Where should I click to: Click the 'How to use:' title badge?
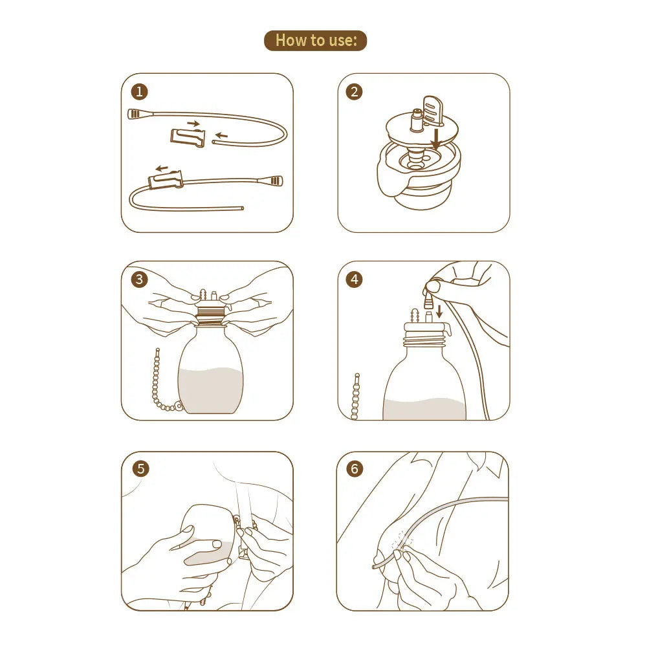pos(315,40)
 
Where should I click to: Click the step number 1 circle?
pos(138,91)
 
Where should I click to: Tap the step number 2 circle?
pos(354,91)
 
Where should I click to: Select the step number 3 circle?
pos(138,280)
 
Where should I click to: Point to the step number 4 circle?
pos(354,280)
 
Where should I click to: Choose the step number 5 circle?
pos(141,468)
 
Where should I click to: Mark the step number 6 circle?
pos(355,468)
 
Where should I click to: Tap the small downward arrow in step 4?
pos(439,311)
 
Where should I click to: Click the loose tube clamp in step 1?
pos(188,137)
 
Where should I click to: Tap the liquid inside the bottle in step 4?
pos(424,409)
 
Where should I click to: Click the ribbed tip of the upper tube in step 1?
pos(137,114)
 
